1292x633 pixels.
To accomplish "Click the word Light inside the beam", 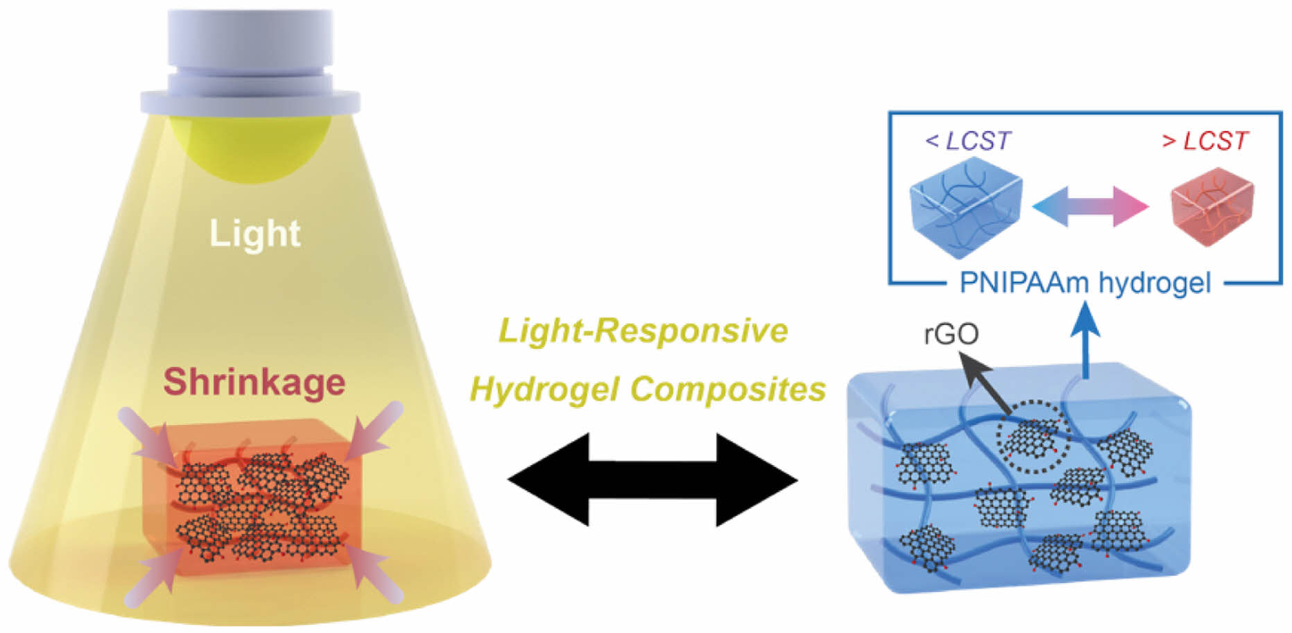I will pyautogui.click(x=255, y=234).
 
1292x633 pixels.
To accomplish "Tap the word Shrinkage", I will pyautogui.click(x=254, y=382).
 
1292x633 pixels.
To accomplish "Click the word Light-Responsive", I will pyautogui.click(x=644, y=331).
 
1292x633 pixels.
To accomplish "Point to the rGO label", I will pyautogui.click(x=951, y=334).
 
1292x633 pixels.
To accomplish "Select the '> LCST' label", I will pyautogui.click(x=1205, y=141).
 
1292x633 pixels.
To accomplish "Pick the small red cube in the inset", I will pyautogui.click(x=1212, y=205).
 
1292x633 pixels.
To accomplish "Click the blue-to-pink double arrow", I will pyautogui.click(x=1091, y=206).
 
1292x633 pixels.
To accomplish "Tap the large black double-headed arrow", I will pyautogui.click(x=652, y=479).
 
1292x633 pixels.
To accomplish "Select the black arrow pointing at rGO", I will pyautogui.click(x=984, y=384).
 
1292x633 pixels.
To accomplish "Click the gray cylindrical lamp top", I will pyautogui.click(x=250, y=62).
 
